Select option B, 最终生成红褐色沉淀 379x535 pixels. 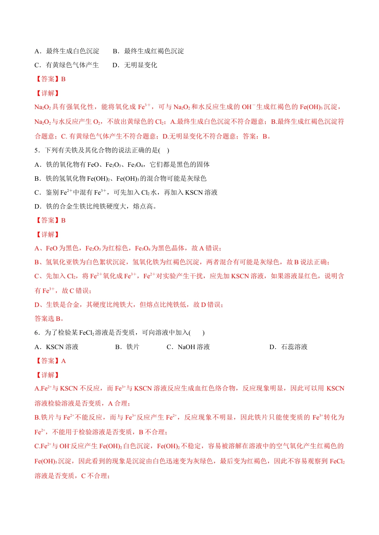[x=148, y=51]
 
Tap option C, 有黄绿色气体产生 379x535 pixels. [x=67, y=65]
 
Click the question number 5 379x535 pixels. [x=37, y=150]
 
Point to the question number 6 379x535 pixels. [x=37, y=333]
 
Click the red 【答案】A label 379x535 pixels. [x=50, y=361]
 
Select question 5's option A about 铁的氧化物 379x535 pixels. [x=122, y=164]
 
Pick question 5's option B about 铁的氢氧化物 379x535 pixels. [x=120, y=178]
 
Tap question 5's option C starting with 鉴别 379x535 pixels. [x=126, y=193]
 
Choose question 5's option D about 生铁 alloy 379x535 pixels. [x=96, y=207]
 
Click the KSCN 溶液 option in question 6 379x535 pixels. [x=57, y=347]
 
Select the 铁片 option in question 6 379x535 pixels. [x=127, y=347]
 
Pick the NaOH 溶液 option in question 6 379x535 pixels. [x=188, y=347]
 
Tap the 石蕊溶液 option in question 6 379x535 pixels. [x=288, y=347]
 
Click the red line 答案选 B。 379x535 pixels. [x=49, y=319]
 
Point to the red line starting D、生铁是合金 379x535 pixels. [x=129, y=305]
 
